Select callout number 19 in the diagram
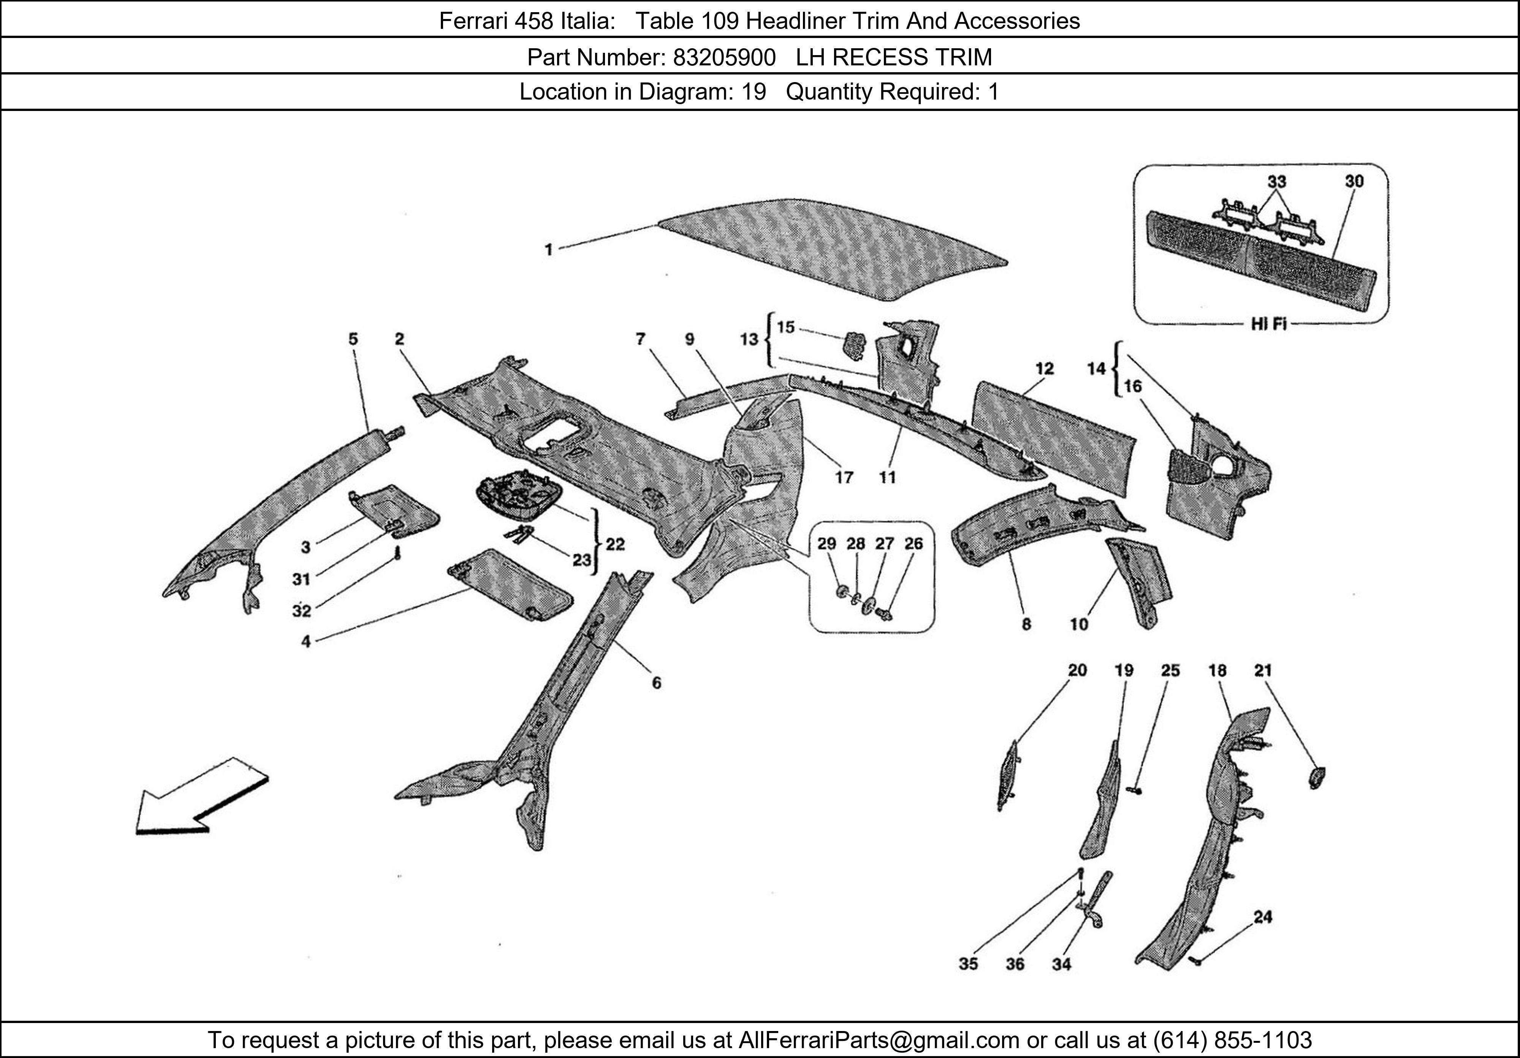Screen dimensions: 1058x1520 coord(1123,671)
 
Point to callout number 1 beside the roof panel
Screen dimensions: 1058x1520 coord(549,250)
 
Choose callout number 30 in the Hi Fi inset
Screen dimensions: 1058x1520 coord(1354,181)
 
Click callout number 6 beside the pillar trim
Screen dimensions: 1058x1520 coord(656,683)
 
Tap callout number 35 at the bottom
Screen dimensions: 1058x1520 coord(968,964)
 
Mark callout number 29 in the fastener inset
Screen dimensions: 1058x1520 coord(826,543)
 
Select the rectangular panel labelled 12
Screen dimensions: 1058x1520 coord(1053,434)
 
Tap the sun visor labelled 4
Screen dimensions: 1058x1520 coord(510,583)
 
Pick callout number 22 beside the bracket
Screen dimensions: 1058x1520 coord(615,544)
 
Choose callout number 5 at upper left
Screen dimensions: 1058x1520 coord(353,339)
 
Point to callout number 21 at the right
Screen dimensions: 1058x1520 coord(1262,671)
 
